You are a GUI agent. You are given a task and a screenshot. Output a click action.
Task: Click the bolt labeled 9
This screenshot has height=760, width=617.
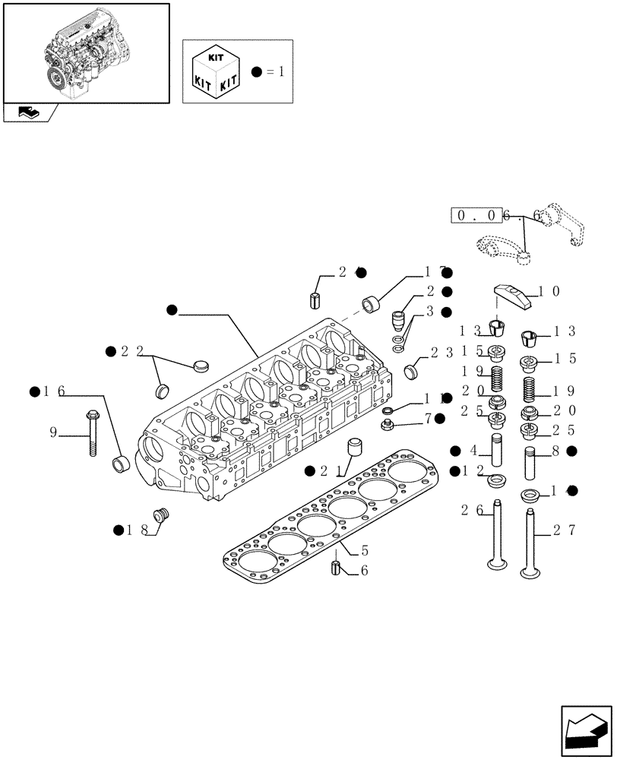tap(91, 432)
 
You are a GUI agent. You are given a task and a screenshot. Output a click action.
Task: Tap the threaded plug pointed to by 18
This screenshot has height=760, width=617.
tap(160, 516)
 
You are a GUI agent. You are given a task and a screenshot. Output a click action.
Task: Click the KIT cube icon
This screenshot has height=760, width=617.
tap(217, 71)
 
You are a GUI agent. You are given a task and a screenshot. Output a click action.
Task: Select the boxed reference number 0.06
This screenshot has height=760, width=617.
tap(479, 216)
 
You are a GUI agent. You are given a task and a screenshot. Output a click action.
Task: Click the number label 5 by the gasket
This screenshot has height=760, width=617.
tap(365, 549)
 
